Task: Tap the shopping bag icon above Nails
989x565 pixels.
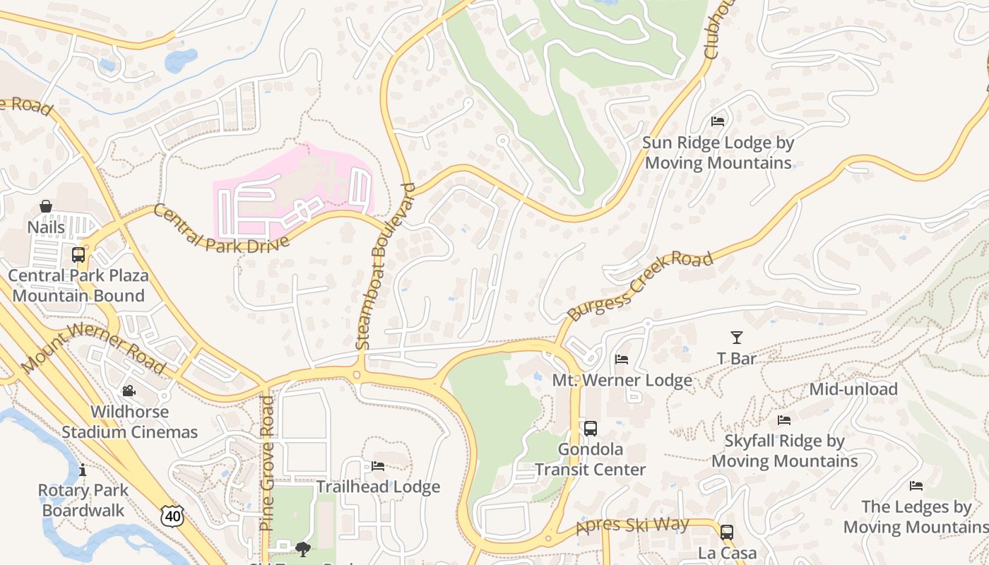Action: click(x=46, y=206)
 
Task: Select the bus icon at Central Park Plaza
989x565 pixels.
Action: click(x=78, y=255)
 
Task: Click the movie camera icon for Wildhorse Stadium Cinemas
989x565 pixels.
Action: click(x=129, y=391)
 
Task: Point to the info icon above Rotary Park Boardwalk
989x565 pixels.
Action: click(x=83, y=470)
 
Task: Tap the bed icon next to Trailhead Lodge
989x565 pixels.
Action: click(x=378, y=466)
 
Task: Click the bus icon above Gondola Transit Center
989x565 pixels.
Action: click(x=590, y=429)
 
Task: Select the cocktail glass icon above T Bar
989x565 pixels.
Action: click(x=737, y=338)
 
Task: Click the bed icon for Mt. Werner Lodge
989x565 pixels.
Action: click(x=622, y=359)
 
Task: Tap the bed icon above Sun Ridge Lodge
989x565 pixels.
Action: click(x=718, y=121)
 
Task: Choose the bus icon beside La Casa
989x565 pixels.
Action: click(x=727, y=533)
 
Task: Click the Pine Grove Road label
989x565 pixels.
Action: click(x=266, y=463)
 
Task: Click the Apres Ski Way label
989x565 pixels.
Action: click(x=632, y=525)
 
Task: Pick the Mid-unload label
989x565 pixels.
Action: click(x=853, y=389)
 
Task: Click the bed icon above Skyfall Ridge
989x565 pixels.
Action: click(x=784, y=420)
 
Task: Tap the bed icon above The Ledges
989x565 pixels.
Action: click(x=916, y=486)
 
